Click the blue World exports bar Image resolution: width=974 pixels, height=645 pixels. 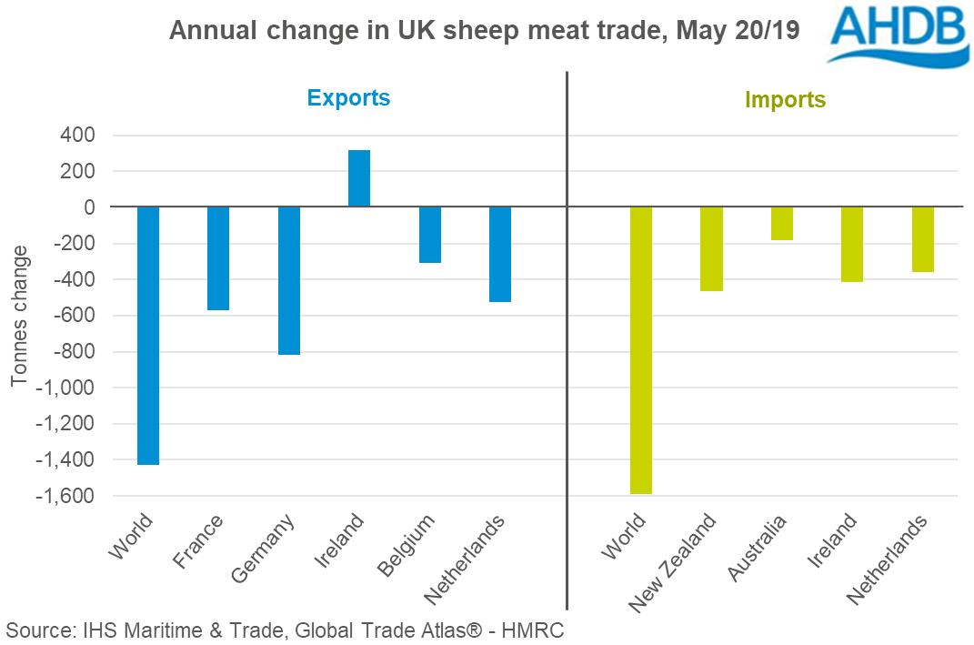148,336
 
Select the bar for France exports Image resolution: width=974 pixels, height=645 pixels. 218,258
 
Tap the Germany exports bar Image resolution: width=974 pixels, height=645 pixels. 289,280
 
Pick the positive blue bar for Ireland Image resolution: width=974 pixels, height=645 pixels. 359,178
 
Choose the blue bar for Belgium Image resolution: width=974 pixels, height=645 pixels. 430,235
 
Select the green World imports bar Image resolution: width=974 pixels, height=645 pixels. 641,350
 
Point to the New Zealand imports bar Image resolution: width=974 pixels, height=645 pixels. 711,248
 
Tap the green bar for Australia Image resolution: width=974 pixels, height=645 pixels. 782,223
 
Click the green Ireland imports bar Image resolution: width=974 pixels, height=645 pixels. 852,244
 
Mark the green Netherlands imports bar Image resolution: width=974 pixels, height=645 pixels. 923,239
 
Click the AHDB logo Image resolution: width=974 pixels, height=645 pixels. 896,34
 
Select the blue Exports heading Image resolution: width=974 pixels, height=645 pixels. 348,98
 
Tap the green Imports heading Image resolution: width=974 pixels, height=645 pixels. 785,99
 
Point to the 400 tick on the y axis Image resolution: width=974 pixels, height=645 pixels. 78,136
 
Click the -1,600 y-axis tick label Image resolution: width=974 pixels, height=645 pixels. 65,497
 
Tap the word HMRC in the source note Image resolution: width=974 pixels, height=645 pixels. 536,630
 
